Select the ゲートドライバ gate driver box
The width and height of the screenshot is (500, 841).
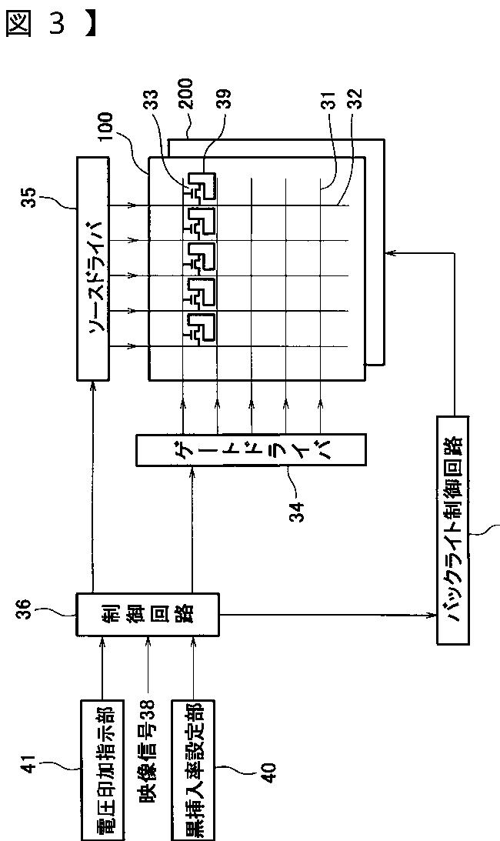[251, 449]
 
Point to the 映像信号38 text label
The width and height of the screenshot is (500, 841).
[146, 750]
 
